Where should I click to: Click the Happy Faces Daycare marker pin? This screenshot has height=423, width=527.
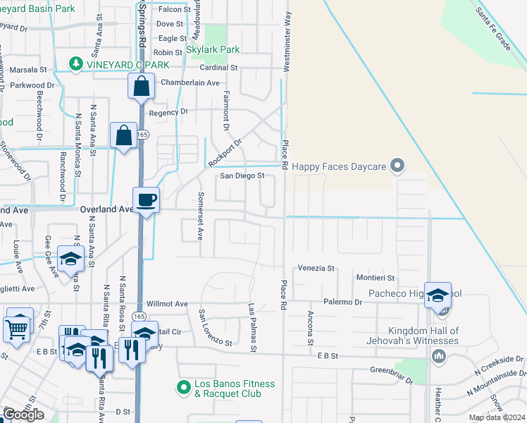click(x=398, y=166)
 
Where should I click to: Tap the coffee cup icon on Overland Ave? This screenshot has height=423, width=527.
click(x=146, y=200)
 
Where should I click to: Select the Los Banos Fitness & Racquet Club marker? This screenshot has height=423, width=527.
click(x=184, y=386)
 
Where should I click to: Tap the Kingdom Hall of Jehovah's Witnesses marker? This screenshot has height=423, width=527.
click(x=440, y=355)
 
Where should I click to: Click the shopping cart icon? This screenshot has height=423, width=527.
click(x=16, y=328)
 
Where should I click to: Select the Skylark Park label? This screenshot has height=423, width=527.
click(x=213, y=50)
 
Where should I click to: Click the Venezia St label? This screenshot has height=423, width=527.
click(x=316, y=269)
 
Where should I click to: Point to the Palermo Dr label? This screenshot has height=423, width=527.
click(x=343, y=302)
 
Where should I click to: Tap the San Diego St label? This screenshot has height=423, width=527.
click(x=242, y=176)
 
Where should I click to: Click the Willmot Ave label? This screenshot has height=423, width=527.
click(x=167, y=304)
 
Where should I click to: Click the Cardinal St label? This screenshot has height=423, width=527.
click(x=218, y=68)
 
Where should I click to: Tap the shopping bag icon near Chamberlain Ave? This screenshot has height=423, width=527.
click(x=141, y=87)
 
